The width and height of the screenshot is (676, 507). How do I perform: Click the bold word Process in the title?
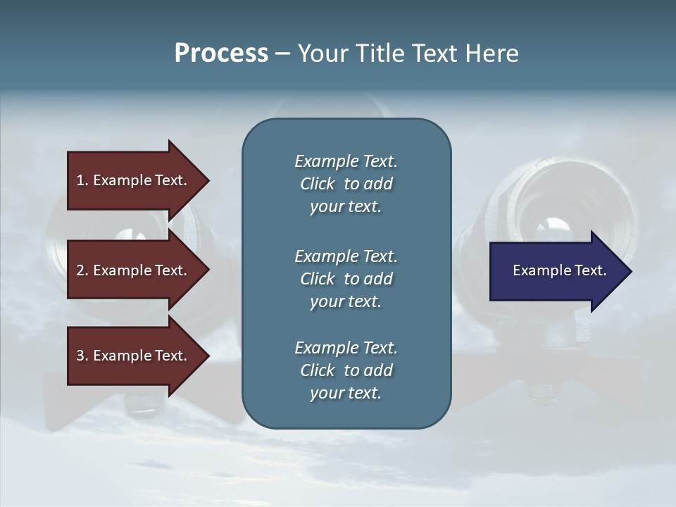tap(221, 54)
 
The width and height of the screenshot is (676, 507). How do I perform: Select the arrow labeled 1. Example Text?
tap(134, 180)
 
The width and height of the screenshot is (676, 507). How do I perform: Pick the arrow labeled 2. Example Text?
tap(134, 270)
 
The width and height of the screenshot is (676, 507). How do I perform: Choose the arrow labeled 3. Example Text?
tap(134, 356)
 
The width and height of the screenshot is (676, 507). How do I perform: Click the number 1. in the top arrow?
tap(82, 180)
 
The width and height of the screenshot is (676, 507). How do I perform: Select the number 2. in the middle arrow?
tap(82, 270)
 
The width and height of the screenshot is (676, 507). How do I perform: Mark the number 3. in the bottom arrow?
tap(82, 356)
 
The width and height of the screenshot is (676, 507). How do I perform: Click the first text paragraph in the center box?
tap(346, 184)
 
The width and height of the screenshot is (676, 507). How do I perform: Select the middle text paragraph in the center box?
tap(346, 279)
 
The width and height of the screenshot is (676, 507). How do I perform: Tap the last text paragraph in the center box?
tap(346, 370)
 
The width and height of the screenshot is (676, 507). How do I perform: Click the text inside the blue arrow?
tap(559, 270)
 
